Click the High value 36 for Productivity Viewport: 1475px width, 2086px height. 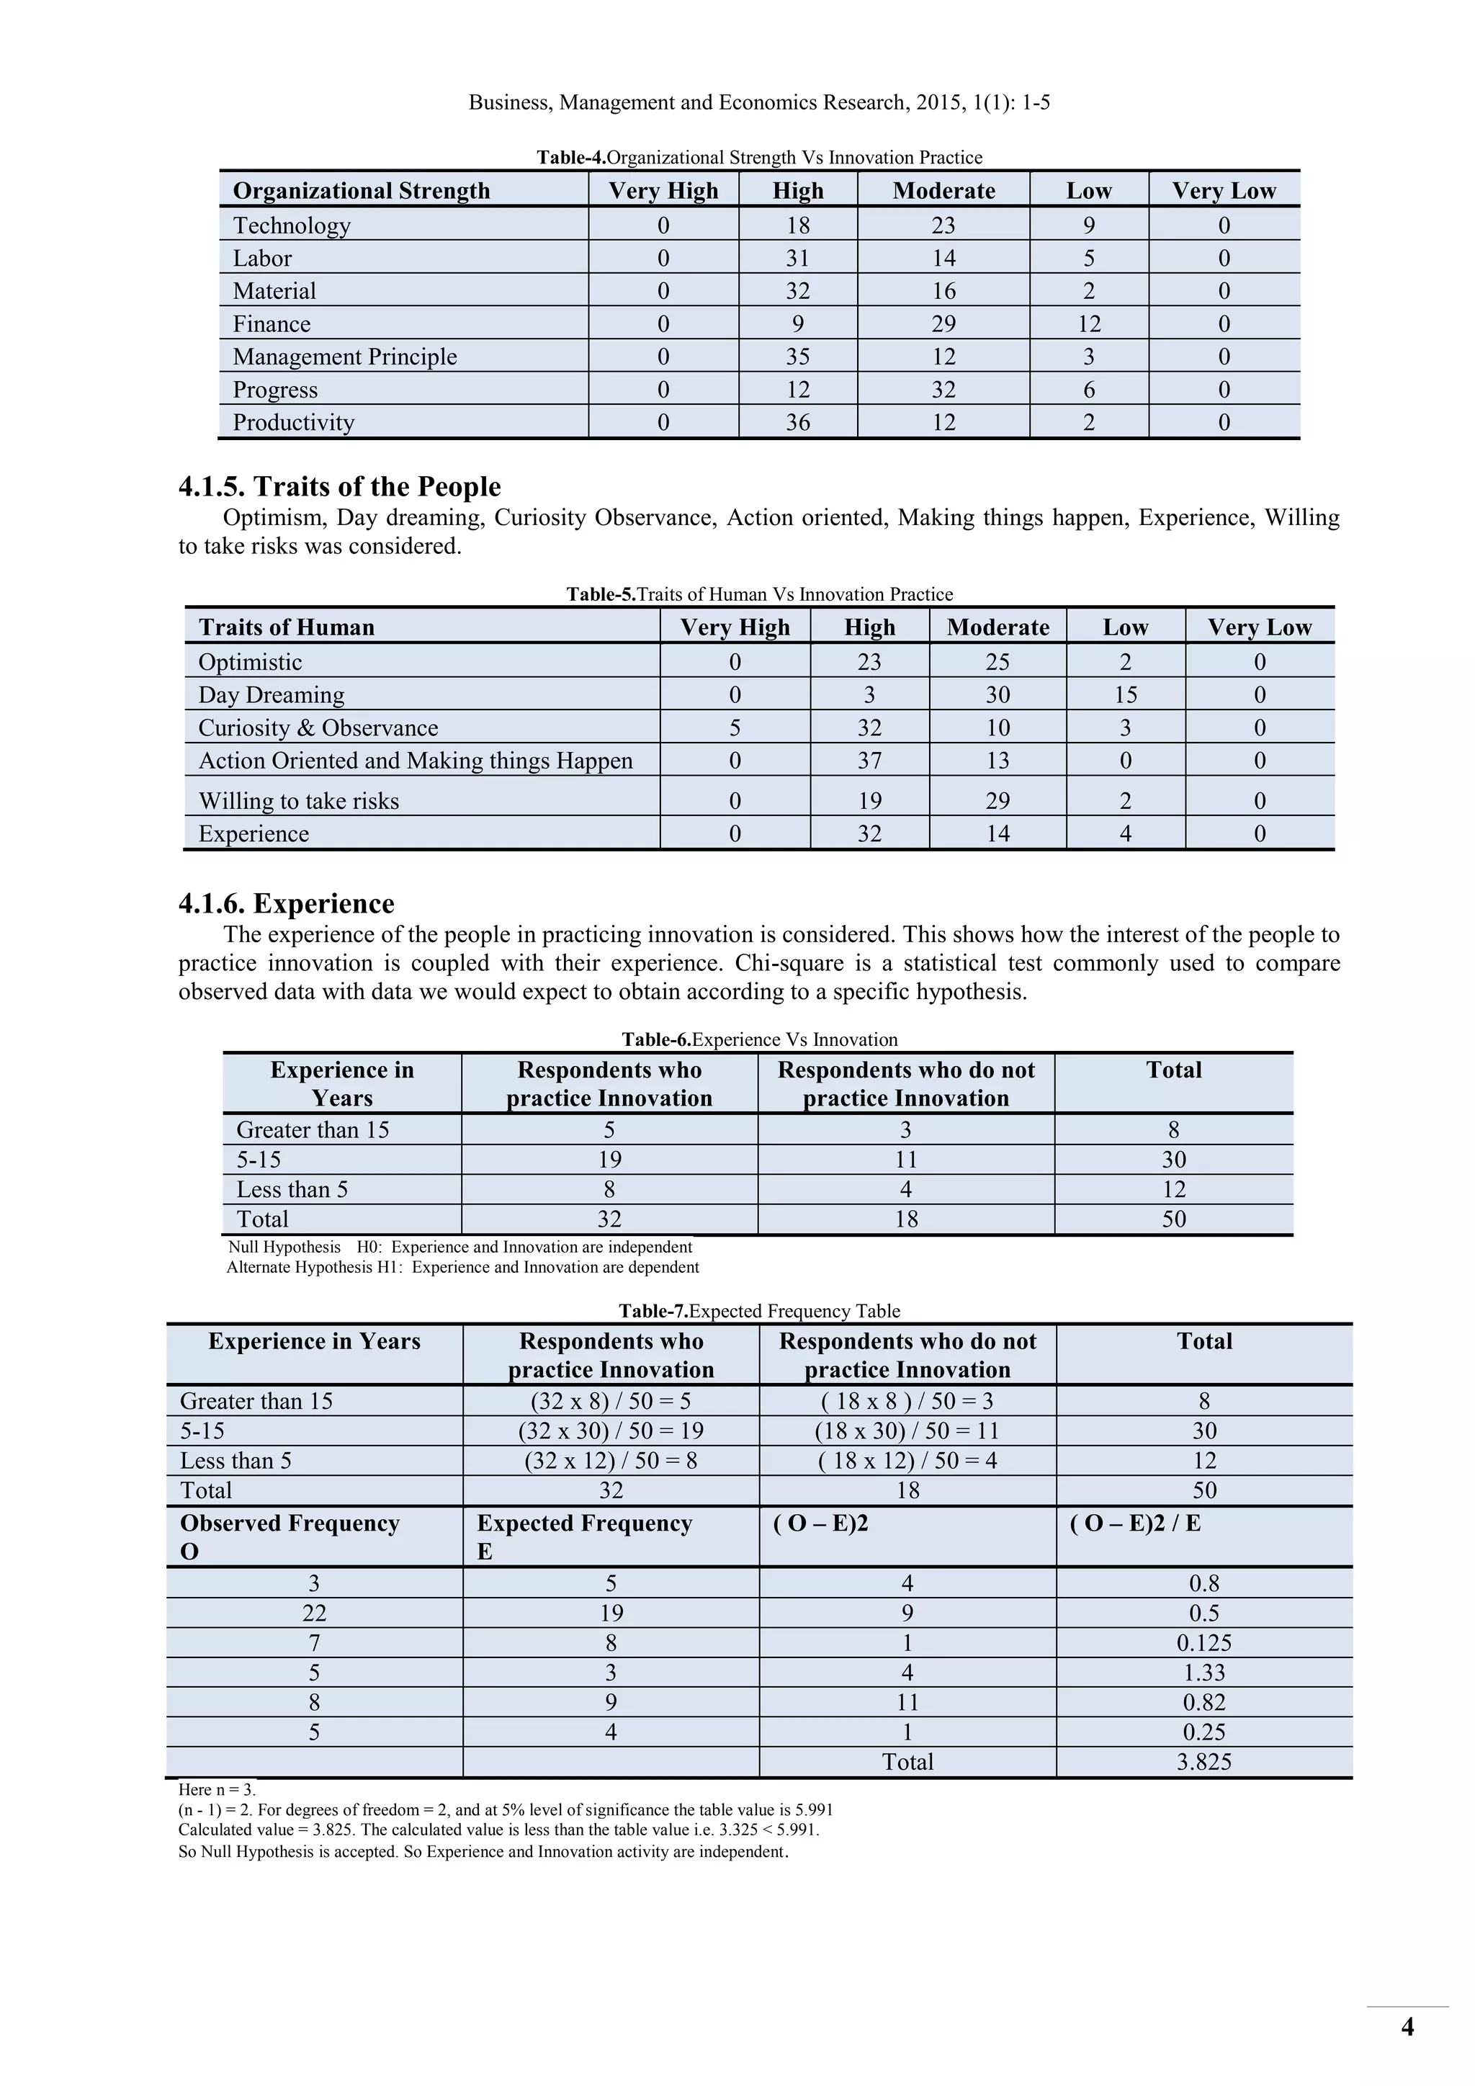point(797,423)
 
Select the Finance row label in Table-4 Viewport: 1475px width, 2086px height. point(272,324)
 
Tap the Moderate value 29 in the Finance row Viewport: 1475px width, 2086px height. point(943,324)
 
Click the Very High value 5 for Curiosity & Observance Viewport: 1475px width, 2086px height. point(735,728)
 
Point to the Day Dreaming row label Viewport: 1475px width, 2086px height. point(272,695)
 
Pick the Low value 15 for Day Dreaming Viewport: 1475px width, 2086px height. point(1125,695)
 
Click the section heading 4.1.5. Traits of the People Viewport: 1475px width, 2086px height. point(340,487)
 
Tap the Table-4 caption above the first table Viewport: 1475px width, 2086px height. point(759,157)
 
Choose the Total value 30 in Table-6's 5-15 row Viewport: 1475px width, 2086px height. point(1173,1159)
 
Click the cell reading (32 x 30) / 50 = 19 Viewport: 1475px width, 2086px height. point(610,1431)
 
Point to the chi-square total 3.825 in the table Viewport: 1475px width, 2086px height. point(1203,1762)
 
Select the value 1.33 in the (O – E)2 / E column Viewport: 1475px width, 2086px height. point(1203,1673)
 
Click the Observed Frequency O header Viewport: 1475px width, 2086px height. point(290,1536)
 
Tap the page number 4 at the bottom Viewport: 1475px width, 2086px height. point(1407,2027)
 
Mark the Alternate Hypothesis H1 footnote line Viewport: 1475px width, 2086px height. point(462,1268)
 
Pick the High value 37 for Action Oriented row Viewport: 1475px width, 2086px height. point(869,761)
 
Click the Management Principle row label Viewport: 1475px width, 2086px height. point(344,357)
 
